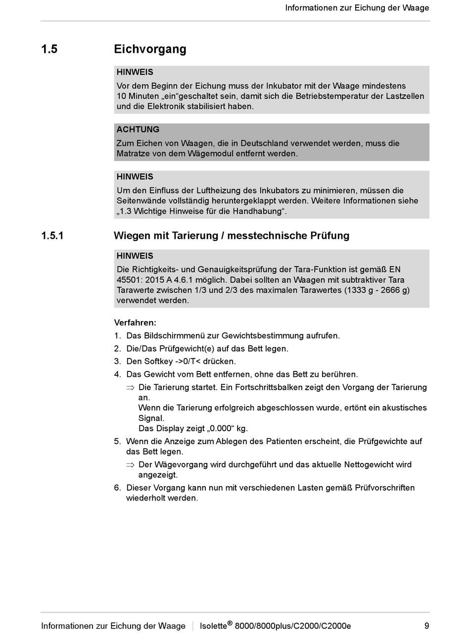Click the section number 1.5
pyautogui.click(x=49, y=49)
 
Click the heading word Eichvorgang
pyautogui.click(x=150, y=49)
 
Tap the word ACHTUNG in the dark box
pyautogui.click(x=138, y=130)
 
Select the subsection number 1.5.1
pyautogui.click(x=52, y=235)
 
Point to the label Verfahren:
pyautogui.click(x=135, y=322)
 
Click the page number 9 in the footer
pyautogui.click(x=426, y=626)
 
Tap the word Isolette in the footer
pyautogui.click(x=213, y=626)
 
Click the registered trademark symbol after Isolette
pyautogui.click(x=230, y=623)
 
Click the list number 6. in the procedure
pyautogui.click(x=117, y=488)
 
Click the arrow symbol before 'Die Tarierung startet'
pyautogui.click(x=130, y=388)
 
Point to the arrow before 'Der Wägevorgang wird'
pyautogui.click(x=130, y=465)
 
